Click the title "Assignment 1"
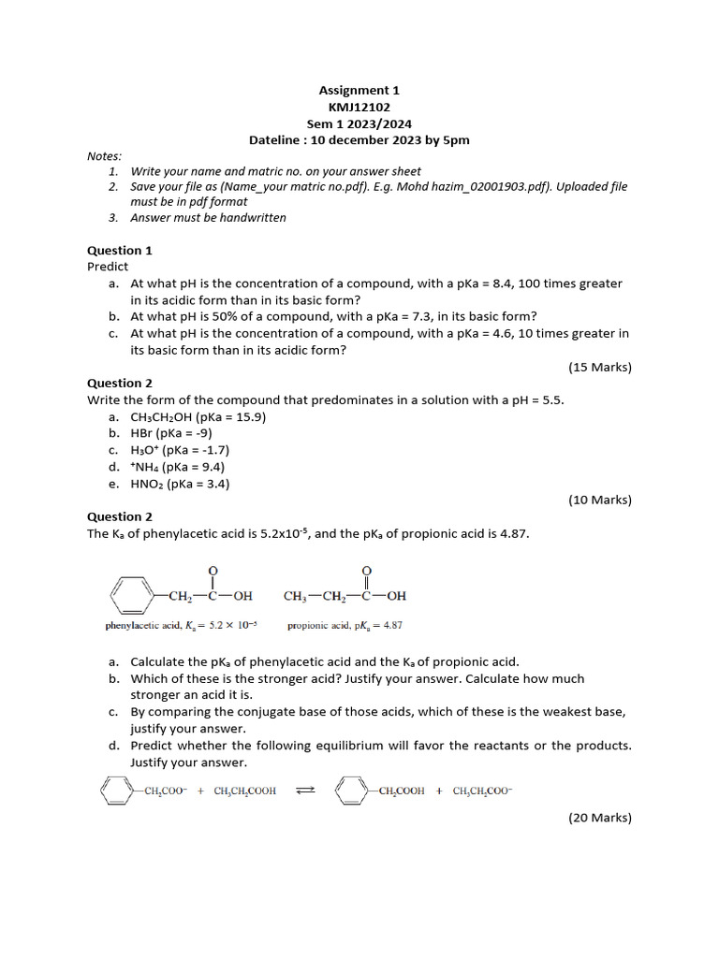[359, 90]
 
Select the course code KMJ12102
[359, 107]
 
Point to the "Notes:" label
[104, 155]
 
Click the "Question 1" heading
[120, 250]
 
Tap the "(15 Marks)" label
[600, 367]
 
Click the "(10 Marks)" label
[600, 500]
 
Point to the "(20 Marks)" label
[600, 818]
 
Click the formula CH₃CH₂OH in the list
[165, 416]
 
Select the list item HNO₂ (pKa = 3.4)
[180, 484]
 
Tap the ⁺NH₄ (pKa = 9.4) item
[177, 467]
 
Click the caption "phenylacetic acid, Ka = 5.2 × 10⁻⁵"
[181, 625]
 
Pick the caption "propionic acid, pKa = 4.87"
[345, 625]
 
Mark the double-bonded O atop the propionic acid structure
[366, 570]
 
